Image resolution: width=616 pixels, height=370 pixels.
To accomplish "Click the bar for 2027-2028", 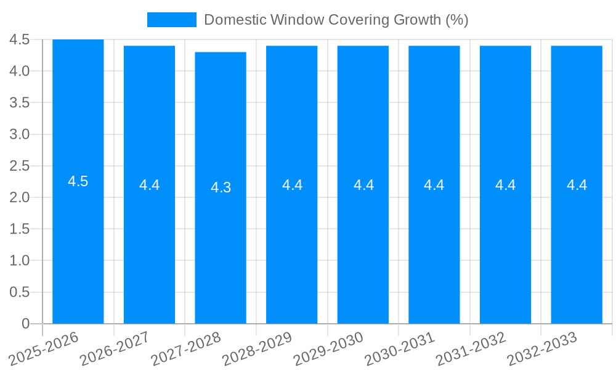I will tap(221, 247).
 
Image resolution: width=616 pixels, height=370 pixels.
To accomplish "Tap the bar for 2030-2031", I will tap(434, 247).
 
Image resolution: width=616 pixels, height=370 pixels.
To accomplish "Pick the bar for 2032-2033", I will tap(577, 247).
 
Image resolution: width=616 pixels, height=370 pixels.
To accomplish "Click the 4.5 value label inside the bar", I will tap(78, 182).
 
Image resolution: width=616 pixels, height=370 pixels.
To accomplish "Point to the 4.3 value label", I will tap(221, 188).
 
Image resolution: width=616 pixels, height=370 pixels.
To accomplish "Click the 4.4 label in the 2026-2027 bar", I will tap(149, 185).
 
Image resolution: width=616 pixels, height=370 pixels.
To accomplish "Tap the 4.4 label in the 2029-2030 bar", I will tap(363, 185).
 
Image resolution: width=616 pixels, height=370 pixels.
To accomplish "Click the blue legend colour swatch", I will tap(171, 20).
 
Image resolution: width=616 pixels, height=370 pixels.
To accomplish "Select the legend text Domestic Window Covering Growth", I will tap(336, 20).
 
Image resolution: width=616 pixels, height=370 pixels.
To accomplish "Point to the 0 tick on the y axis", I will tap(25, 324).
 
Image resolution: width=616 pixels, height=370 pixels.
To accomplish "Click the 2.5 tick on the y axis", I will tap(20, 166).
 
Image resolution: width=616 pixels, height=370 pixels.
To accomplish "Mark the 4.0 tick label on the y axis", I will tap(20, 71).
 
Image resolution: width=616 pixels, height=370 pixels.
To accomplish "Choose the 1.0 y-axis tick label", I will tap(20, 261).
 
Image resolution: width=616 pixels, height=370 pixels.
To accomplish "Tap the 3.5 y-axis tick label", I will tap(20, 102).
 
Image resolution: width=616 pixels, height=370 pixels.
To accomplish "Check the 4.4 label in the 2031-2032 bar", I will tap(505, 185).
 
